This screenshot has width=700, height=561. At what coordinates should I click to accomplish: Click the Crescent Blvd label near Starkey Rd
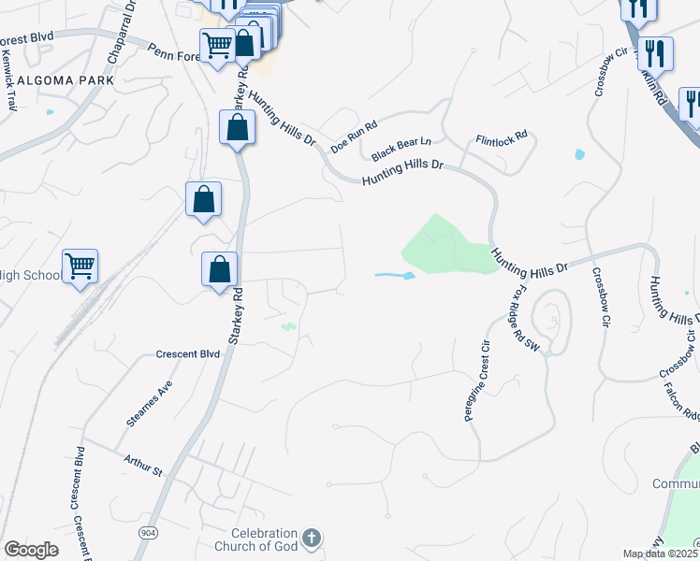189,354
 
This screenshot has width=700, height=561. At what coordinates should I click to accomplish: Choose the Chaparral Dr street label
121,32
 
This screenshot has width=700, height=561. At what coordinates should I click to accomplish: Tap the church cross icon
312,538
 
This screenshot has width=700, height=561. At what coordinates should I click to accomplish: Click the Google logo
31,550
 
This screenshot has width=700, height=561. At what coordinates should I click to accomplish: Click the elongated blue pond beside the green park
396,276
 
